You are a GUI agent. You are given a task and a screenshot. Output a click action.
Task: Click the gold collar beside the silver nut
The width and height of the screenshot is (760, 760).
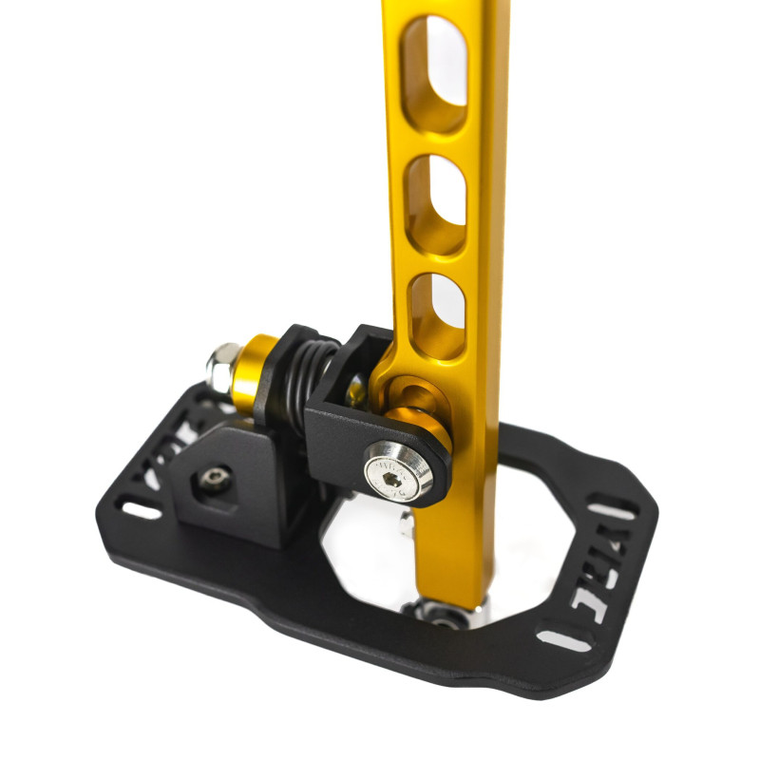(x=254, y=371)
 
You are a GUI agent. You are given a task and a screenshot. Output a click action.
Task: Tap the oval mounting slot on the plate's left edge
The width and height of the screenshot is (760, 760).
(x=142, y=511)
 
